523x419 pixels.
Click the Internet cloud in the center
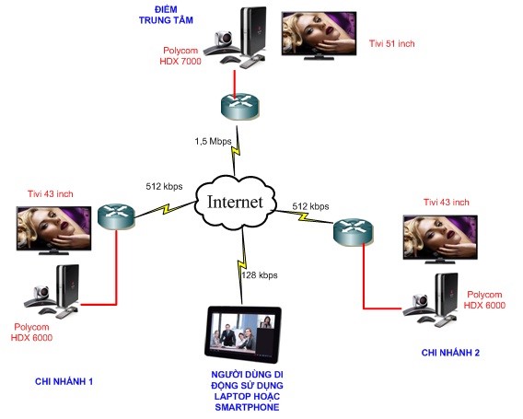[236, 204]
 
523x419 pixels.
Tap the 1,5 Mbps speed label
[213, 142]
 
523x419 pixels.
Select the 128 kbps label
[260, 275]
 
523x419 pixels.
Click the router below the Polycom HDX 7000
[239, 106]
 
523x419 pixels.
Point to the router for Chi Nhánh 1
[116, 216]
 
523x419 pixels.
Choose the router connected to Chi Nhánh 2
[353, 232]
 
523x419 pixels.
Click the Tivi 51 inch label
[392, 43]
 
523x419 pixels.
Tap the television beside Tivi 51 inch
[320, 36]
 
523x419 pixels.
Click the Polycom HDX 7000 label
[180, 55]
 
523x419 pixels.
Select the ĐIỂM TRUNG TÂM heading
[166, 15]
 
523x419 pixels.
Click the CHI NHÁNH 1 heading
[64, 381]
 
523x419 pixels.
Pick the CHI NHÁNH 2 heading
[450, 353]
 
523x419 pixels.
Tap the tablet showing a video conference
[243, 335]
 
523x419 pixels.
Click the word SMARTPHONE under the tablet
[247, 407]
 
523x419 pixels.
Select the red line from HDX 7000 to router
[235, 85]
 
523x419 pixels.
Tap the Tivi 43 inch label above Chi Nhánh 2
[447, 203]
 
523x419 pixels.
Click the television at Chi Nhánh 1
[53, 230]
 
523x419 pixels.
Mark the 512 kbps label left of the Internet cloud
[164, 186]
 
